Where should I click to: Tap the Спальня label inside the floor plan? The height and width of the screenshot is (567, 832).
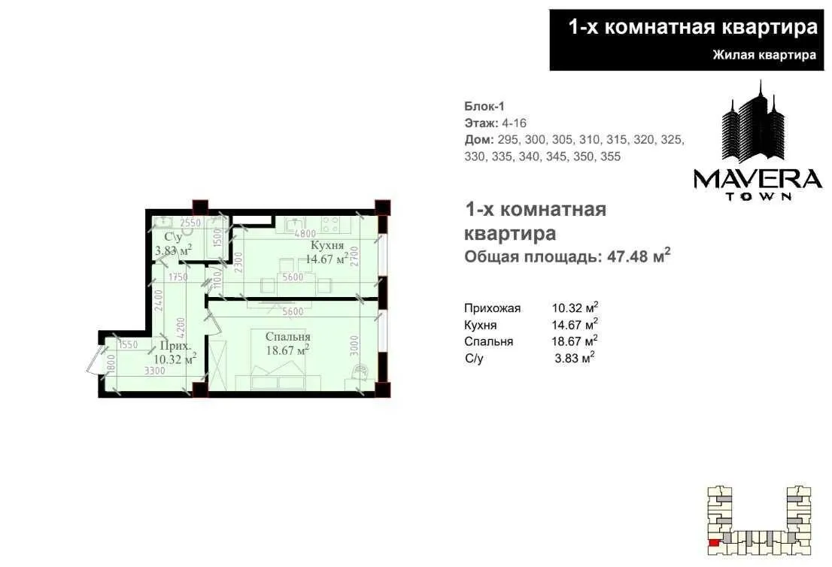coord(287,337)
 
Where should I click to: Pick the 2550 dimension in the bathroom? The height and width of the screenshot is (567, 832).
coord(190,223)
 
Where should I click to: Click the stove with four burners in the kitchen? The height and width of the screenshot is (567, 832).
coord(332,224)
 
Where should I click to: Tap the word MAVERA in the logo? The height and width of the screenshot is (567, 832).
coord(757,178)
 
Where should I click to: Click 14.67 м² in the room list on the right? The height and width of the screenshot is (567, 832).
coord(575,324)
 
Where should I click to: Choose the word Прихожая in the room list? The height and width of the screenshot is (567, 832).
coord(493,308)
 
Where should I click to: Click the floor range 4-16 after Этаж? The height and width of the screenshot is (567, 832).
coord(515,123)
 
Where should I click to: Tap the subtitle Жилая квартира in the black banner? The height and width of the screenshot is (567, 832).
coord(764,55)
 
